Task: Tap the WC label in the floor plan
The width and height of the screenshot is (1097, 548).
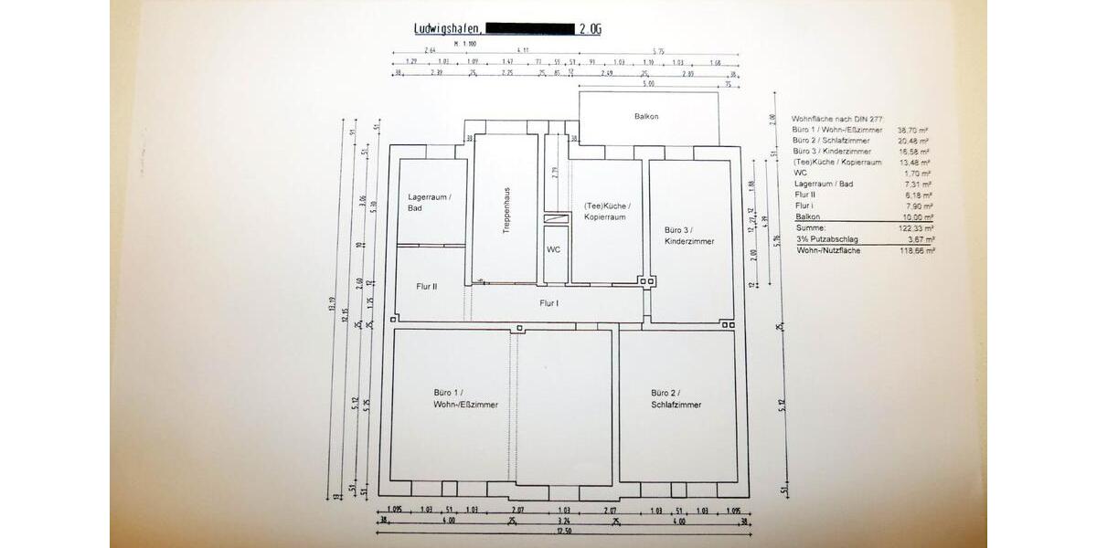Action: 553,248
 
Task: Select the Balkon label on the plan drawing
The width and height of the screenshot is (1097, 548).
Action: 646,117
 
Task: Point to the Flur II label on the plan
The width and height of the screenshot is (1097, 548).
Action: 427,286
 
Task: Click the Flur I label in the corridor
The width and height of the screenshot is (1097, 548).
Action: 549,302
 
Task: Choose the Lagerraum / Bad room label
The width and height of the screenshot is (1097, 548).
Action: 430,203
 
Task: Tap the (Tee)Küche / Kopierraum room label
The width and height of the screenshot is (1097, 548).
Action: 607,212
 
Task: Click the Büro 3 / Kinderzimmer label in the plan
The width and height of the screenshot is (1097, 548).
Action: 689,235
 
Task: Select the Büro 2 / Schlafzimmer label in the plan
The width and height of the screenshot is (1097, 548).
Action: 676,398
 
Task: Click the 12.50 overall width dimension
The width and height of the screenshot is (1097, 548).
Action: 563,532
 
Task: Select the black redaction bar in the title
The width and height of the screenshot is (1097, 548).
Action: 530,29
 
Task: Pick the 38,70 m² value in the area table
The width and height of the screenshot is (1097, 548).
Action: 913,130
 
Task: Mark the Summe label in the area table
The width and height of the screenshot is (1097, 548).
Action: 810,228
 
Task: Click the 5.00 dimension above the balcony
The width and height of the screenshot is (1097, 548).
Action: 648,84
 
